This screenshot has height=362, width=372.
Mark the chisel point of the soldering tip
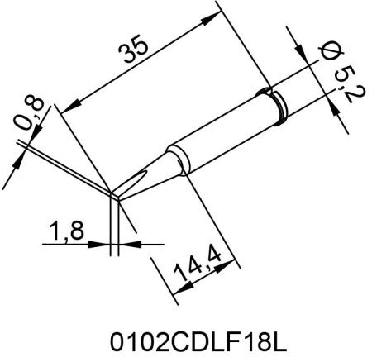(113, 196)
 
